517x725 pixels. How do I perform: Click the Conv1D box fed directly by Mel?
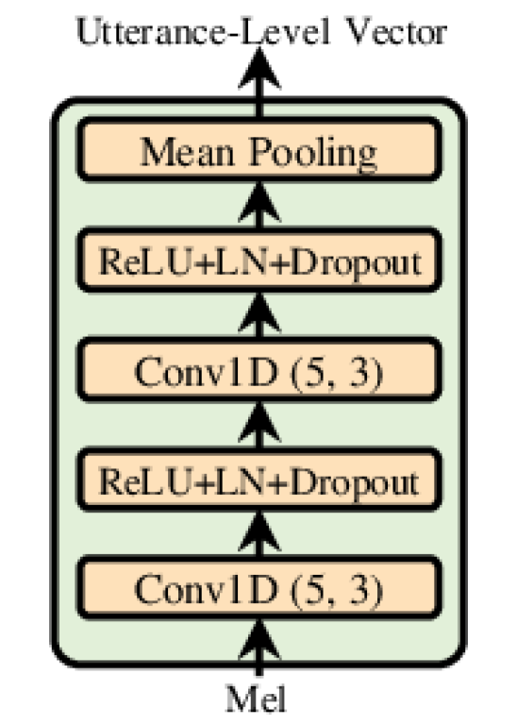click(x=258, y=590)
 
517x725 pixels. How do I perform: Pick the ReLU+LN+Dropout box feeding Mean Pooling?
click(x=258, y=261)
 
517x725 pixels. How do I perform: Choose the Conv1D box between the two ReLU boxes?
click(x=258, y=371)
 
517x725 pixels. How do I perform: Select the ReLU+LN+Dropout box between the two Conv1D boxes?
click(x=258, y=482)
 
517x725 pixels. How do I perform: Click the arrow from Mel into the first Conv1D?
click(x=259, y=651)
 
